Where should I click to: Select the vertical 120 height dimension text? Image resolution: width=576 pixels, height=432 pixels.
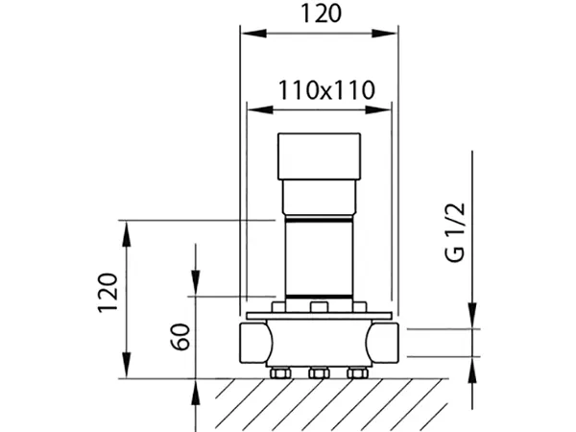pyautogui.click(x=108, y=293)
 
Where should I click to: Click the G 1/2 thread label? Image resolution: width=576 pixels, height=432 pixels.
pyautogui.click(x=455, y=235)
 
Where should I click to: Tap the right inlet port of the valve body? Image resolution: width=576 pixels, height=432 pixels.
pyautogui.click(x=386, y=343)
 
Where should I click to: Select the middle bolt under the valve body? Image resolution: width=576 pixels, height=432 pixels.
pyautogui.click(x=319, y=372)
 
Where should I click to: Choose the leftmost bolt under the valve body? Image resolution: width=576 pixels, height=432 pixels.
pyautogui.click(x=281, y=372)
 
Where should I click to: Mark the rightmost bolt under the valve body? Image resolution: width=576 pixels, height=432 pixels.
pyautogui.click(x=356, y=372)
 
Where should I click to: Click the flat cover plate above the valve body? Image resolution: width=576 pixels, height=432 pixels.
pyautogui.click(x=319, y=315)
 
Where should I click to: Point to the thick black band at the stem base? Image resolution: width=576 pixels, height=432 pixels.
pyautogui.click(x=319, y=294)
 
